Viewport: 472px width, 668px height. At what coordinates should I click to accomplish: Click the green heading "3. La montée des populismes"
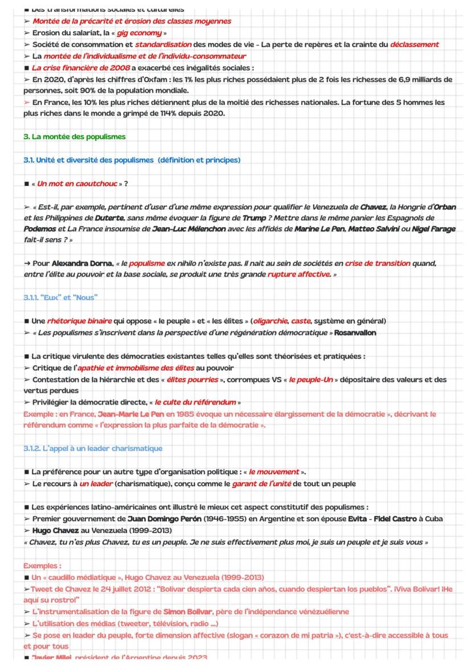pyautogui.click(x=74, y=137)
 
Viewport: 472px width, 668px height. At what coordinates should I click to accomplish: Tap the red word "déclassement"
pyautogui.click(x=414, y=44)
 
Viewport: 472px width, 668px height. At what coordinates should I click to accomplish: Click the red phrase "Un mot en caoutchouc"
pyautogui.click(x=76, y=184)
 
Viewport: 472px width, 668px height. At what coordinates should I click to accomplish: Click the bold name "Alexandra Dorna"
pyautogui.click(x=82, y=264)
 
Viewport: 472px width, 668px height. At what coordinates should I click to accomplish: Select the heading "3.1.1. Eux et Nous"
pyautogui.click(x=60, y=298)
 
